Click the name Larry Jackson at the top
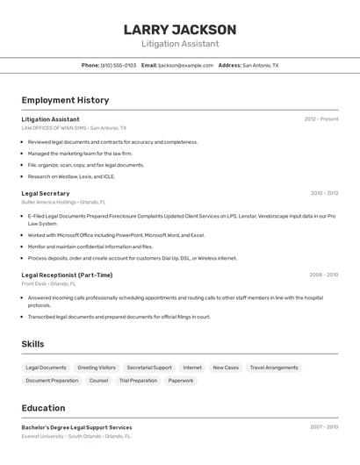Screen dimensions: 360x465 180,30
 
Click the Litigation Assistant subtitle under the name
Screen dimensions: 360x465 180,44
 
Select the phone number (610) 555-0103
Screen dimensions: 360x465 119,65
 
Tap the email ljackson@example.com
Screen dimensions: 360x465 186,65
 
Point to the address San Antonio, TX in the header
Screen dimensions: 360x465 260,65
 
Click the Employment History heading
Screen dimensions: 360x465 65,100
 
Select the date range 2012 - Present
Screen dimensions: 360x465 321,119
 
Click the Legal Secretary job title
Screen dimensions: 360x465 46,193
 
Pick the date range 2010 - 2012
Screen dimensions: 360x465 324,193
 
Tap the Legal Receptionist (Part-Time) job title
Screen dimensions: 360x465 67,275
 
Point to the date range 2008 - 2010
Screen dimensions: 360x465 323,275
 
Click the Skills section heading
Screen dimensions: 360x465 32,344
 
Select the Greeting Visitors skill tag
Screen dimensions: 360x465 97,368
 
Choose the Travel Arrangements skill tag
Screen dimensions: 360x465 274,368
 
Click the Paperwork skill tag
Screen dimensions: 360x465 181,381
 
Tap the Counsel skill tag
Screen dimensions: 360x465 99,381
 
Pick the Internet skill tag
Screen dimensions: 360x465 192,368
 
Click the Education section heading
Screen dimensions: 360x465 43,408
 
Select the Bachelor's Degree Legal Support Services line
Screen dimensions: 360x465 76,427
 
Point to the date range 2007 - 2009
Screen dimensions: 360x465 324,427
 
